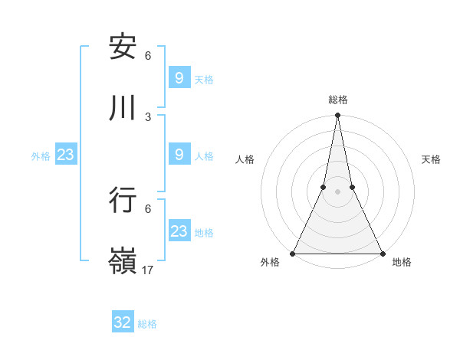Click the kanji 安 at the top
[x=123, y=47]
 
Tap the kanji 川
[x=123, y=108]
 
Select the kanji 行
[x=123, y=200]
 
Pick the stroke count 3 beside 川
[x=148, y=116]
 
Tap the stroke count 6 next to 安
[x=148, y=56]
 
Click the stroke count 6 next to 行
[x=148, y=208]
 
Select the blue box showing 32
[x=123, y=322]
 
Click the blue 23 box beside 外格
[x=66, y=155]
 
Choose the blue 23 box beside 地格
[x=179, y=231]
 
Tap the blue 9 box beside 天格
[x=179, y=77]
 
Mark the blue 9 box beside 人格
[x=179, y=155]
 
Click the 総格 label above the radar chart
[x=338, y=100]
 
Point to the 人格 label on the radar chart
[x=245, y=159]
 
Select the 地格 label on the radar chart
[x=402, y=263]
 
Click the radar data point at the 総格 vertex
[x=337, y=116]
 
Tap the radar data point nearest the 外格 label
[x=293, y=254]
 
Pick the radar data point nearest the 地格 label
[x=382, y=254]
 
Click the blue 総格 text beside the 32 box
[x=147, y=324]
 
